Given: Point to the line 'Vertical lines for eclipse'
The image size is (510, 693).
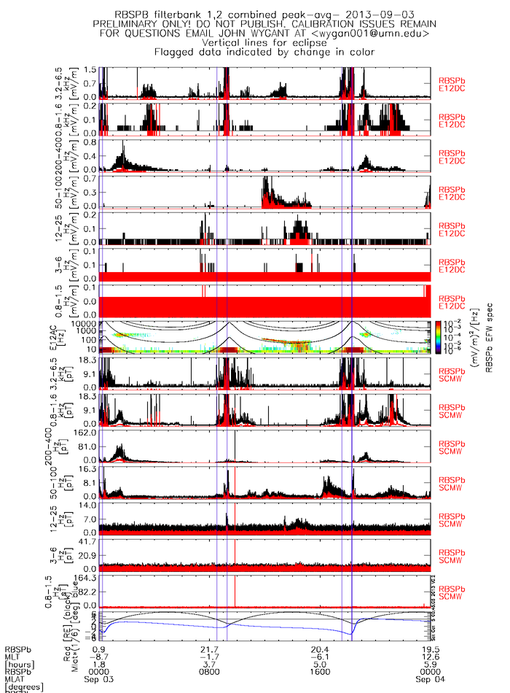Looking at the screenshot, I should [x=262, y=43].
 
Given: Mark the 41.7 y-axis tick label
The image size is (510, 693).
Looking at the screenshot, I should [x=89, y=541].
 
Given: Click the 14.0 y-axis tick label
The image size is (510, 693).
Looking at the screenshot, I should [x=89, y=505].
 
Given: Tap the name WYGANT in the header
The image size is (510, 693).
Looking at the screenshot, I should [x=289, y=34].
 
